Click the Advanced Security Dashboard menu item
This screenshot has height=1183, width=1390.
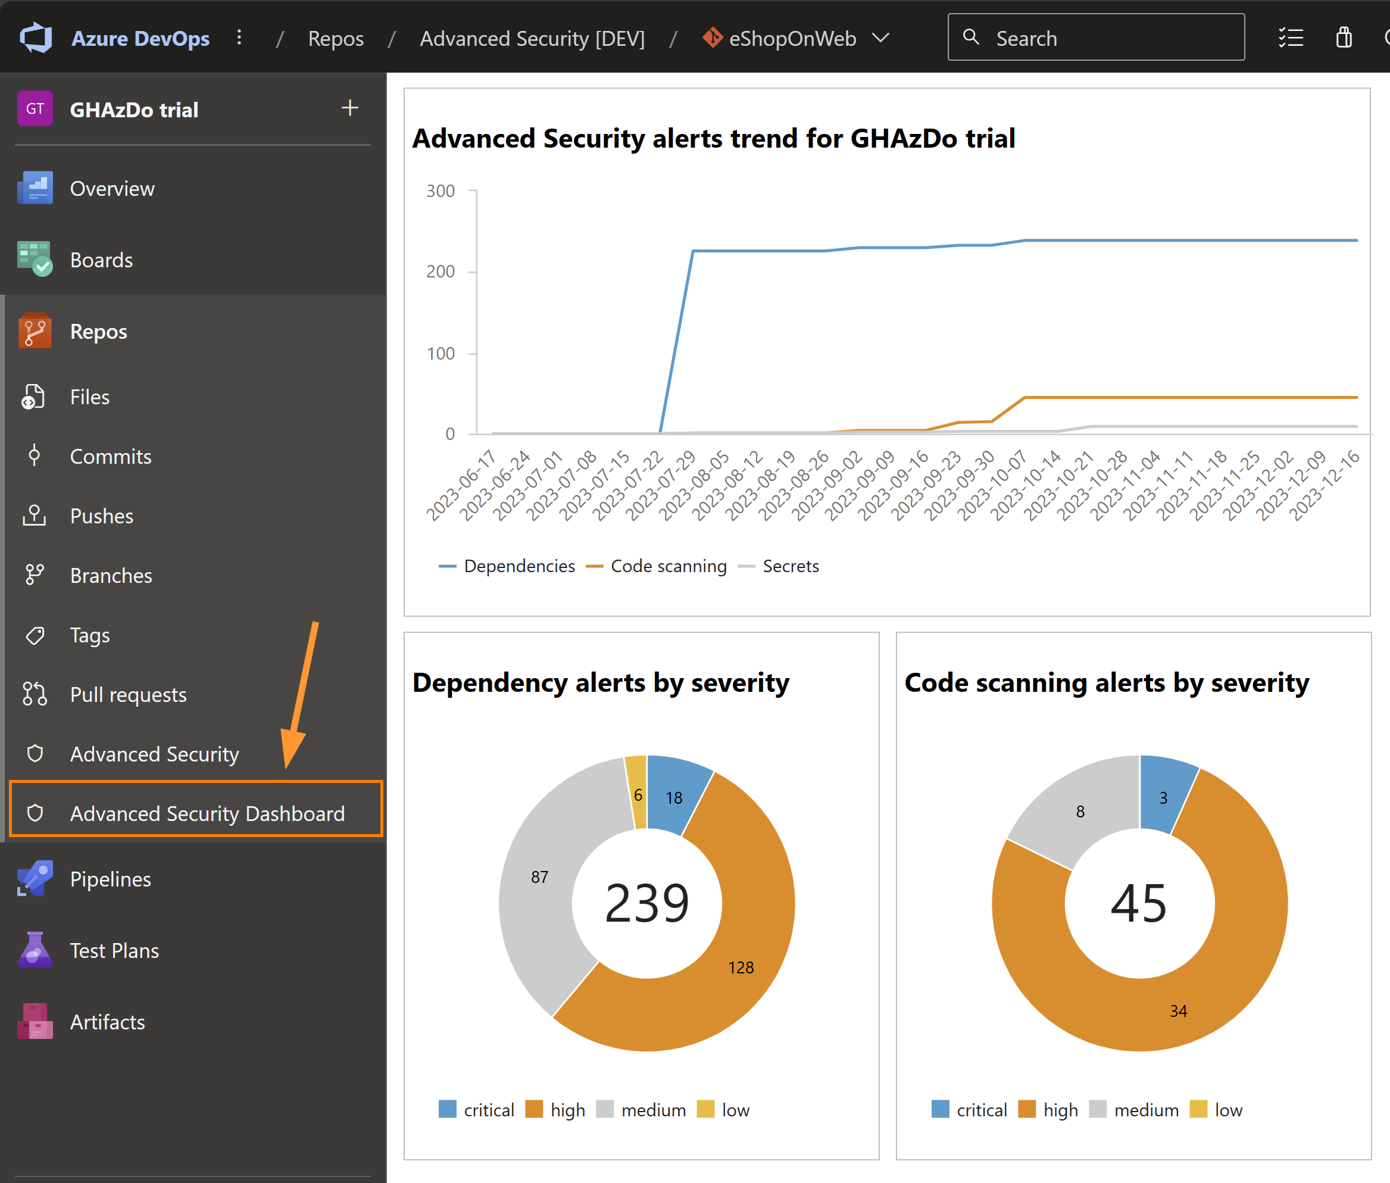click(207, 813)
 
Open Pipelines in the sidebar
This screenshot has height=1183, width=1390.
click(110, 879)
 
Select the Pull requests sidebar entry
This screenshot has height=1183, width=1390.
click(127, 695)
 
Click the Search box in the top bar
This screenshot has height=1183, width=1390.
click(1096, 38)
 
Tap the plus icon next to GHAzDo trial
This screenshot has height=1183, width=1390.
click(349, 108)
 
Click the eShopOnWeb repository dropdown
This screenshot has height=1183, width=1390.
click(796, 38)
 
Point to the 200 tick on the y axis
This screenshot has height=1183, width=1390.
click(441, 271)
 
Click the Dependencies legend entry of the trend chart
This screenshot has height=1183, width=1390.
click(508, 566)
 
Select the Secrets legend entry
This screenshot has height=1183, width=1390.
click(779, 566)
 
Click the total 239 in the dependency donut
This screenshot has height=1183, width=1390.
click(646, 903)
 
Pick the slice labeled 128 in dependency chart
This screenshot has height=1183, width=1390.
click(741, 967)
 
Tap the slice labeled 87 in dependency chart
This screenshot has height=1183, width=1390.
click(539, 876)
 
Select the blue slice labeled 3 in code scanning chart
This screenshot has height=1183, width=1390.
click(1163, 797)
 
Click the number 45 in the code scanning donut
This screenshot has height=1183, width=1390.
click(1139, 903)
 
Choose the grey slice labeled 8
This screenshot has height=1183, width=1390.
click(1080, 811)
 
